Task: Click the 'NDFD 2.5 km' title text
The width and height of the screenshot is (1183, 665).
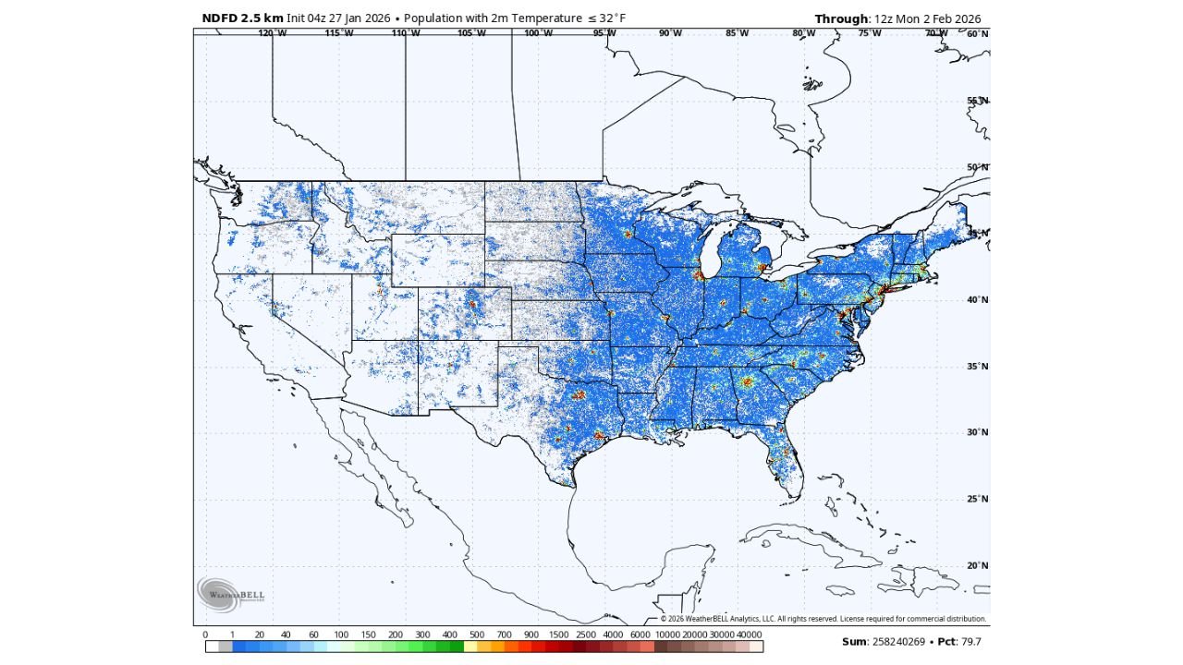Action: click(242, 18)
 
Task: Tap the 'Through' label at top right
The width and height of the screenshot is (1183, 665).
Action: click(841, 19)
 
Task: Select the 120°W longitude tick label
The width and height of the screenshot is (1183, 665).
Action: click(272, 33)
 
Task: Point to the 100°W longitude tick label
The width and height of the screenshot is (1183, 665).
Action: click(538, 33)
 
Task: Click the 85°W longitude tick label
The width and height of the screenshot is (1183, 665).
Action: click(737, 33)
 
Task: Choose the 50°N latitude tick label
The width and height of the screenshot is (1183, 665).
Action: click(977, 167)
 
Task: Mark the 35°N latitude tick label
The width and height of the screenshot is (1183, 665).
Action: click(977, 367)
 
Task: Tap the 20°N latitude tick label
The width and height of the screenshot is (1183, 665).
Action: click(977, 565)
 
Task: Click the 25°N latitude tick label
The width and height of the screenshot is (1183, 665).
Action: click(977, 499)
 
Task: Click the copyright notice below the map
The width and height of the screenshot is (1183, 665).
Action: click(823, 619)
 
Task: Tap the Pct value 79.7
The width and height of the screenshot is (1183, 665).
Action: click(970, 641)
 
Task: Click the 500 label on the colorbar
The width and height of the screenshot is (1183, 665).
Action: click(477, 635)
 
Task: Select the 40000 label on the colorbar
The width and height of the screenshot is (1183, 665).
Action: click(749, 635)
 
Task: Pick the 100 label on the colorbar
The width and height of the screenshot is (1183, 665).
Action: click(341, 635)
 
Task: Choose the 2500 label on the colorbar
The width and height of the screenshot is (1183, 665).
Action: click(586, 635)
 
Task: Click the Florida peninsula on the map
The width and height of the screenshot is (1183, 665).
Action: click(786, 462)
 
